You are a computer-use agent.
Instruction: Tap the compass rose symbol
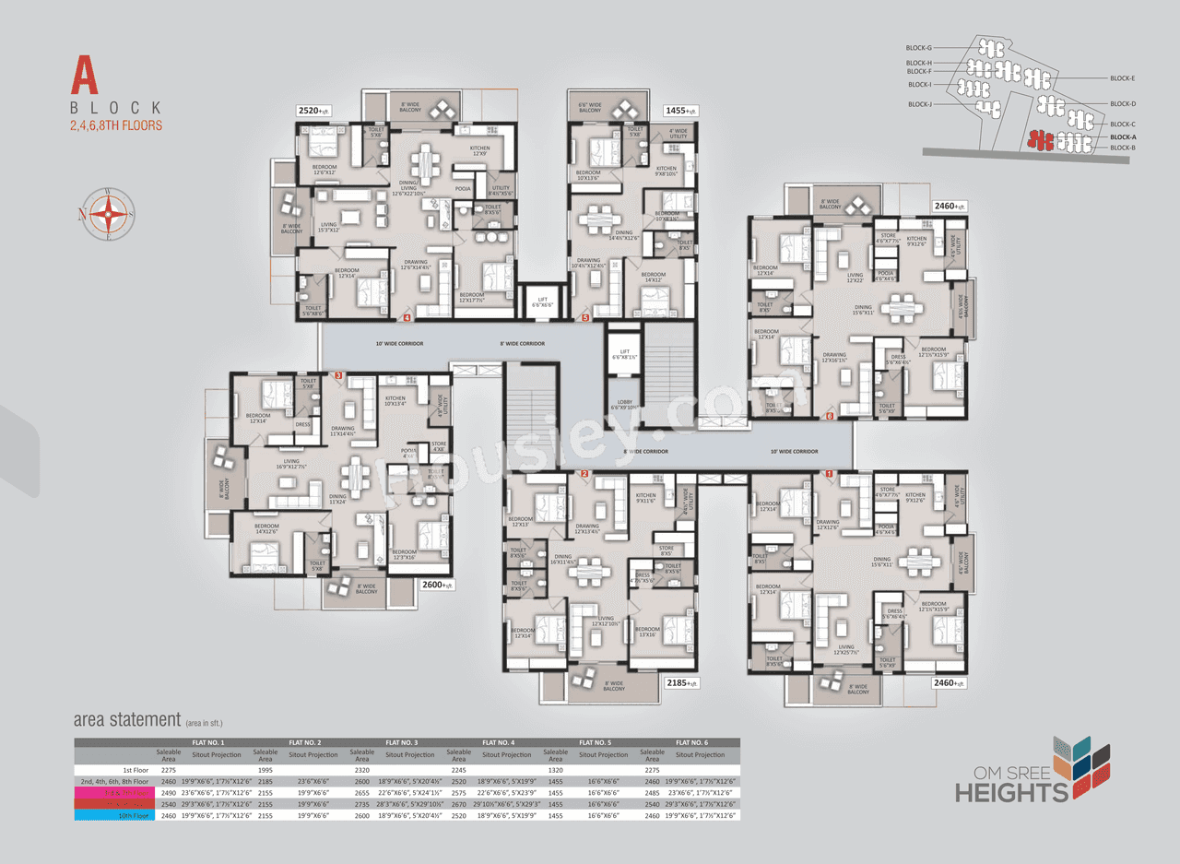coord(112,215)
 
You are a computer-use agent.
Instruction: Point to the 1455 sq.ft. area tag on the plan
coord(681,110)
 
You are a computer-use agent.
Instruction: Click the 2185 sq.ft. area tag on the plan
coord(682,683)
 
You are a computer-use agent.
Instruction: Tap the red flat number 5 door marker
coord(586,318)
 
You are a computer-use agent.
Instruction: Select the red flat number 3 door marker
coord(338,376)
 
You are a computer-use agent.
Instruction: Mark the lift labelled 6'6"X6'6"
coord(539,301)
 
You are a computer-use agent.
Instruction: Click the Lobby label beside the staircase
coord(623,404)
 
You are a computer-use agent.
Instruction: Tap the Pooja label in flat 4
coord(463,188)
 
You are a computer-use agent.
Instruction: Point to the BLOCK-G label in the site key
coord(919,47)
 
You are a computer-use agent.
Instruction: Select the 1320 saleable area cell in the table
coord(554,767)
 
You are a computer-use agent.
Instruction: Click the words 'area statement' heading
coord(126,719)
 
